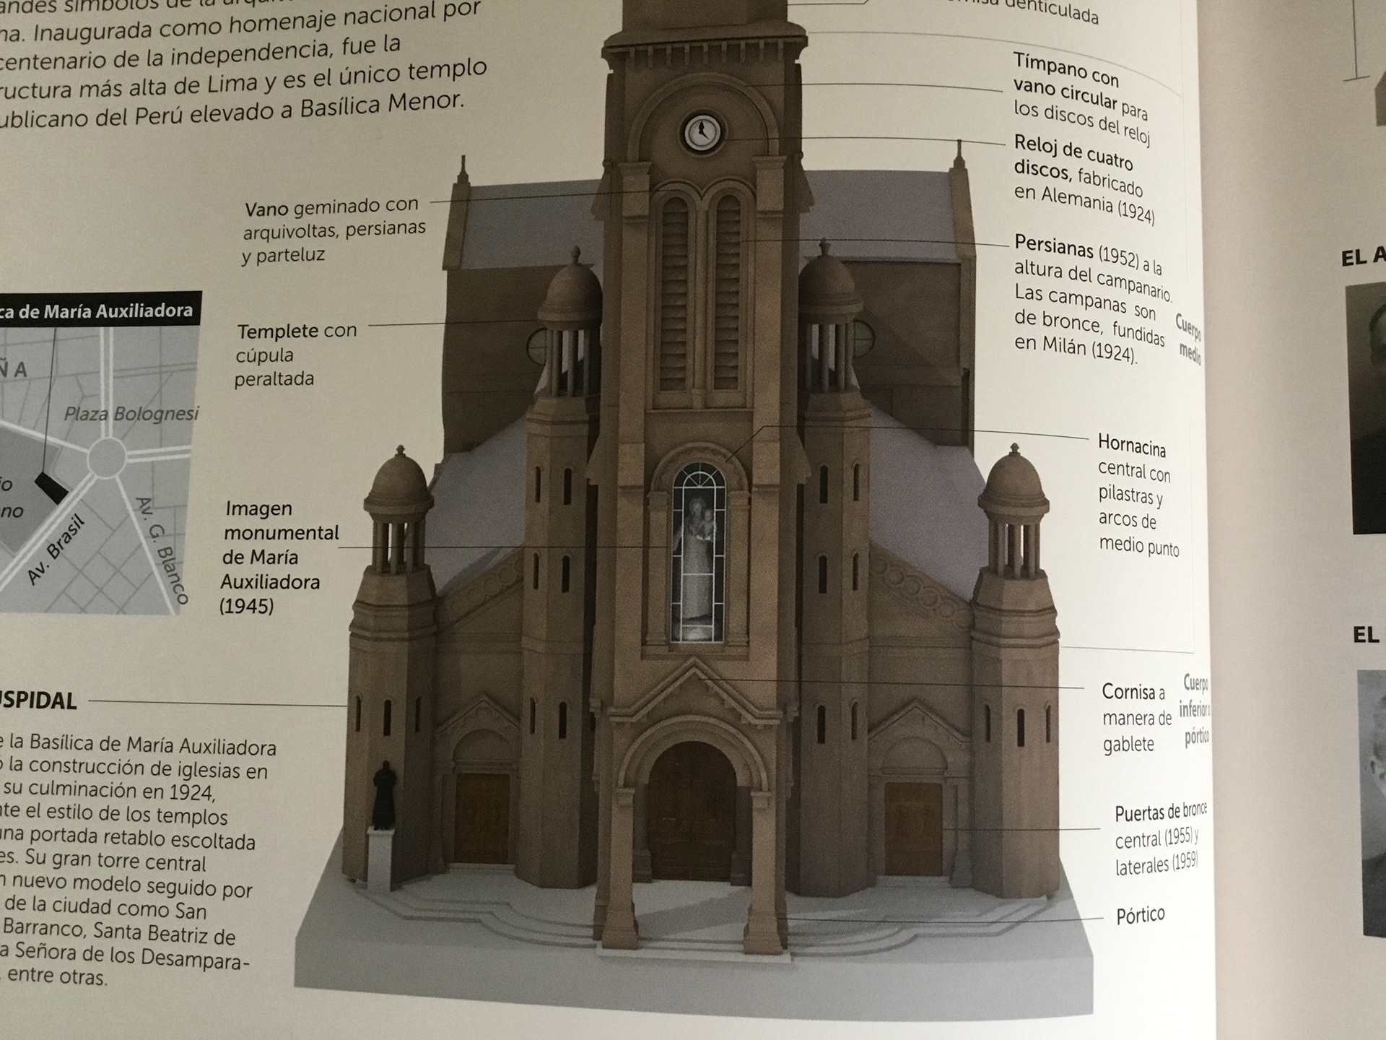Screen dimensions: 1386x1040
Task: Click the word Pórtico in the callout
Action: click(1140, 916)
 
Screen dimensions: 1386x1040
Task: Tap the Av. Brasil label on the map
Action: click(56, 550)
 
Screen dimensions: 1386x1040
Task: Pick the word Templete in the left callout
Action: click(277, 331)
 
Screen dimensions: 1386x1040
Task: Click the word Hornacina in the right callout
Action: click(1131, 445)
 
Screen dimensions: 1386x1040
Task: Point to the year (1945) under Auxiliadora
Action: click(247, 606)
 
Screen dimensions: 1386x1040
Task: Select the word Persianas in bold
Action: click(1053, 247)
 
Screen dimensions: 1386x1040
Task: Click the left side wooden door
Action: click(481, 818)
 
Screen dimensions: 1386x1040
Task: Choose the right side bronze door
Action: click(913, 827)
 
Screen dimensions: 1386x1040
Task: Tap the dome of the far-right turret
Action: click(1013, 481)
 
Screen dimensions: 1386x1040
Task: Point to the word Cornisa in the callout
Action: click(1128, 692)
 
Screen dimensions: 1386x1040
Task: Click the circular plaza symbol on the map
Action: click(108, 456)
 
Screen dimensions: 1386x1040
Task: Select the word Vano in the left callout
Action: click(266, 209)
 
